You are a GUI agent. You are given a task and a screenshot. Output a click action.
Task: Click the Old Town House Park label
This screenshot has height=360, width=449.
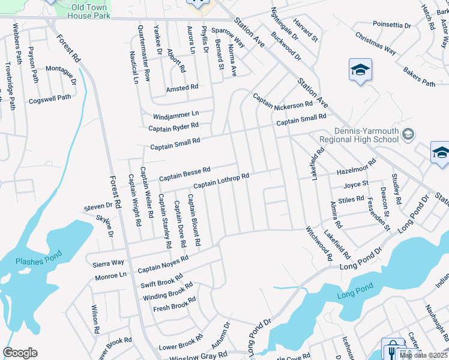90,11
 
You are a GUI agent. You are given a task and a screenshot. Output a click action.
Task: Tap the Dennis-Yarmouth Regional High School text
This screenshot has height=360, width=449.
359,136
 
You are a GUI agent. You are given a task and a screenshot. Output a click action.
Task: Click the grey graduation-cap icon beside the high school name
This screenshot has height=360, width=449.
408,133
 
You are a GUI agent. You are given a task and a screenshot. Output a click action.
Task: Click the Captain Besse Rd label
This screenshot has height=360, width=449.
184,174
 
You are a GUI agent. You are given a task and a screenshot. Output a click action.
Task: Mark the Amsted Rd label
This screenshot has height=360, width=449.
182,88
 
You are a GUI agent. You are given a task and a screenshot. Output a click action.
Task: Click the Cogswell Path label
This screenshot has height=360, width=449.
50,98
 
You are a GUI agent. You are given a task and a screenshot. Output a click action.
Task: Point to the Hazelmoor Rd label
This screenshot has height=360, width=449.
356,166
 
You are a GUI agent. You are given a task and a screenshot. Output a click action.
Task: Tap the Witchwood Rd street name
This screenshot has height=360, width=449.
319,244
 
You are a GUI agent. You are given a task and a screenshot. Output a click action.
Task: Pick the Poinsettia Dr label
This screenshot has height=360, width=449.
391,26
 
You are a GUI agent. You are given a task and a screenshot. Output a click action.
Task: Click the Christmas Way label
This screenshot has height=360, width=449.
375,43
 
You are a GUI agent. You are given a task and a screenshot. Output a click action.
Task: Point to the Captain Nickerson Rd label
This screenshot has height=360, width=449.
283,101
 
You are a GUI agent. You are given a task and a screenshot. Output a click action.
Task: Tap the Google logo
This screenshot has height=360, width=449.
20,353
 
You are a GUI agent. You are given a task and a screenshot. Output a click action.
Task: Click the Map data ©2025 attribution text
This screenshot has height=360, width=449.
424,356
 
